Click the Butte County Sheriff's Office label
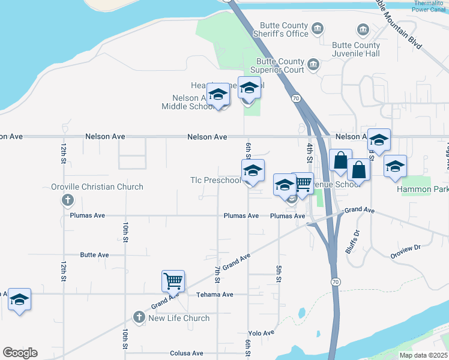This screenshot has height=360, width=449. point(284,29)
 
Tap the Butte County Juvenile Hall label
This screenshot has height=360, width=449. point(357,49)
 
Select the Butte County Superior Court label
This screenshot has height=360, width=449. point(280,65)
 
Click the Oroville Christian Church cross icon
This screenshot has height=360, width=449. point(68,200)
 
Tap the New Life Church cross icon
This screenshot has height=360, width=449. point(139,317)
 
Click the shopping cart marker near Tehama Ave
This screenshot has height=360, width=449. point(173,281)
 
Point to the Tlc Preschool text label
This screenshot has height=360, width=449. point(215,180)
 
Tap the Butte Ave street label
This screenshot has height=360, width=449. point(94,255)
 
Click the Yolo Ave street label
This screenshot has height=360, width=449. point(261,333)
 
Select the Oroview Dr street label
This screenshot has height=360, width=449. point(406,247)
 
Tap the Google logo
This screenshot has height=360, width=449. point(20,353)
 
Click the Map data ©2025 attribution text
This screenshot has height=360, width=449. point(423,355)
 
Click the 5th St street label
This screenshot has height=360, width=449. point(279,274)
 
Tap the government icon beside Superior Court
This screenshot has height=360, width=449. point(313,65)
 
